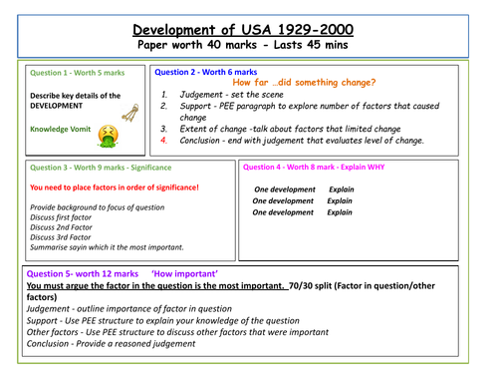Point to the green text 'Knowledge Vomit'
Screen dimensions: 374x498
pos(62,129)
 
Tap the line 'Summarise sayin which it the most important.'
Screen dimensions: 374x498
pos(108,247)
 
